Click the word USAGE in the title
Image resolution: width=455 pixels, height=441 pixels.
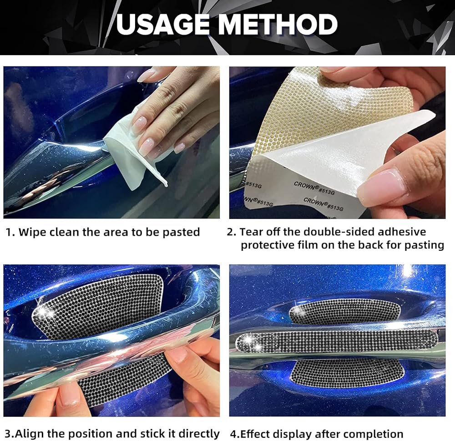tap(163, 24)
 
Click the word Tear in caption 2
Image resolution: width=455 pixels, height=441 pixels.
tap(250, 232)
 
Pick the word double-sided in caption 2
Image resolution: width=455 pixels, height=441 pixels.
tap(339, 232)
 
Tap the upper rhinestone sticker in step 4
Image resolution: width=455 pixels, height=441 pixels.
tap(345, 311)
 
